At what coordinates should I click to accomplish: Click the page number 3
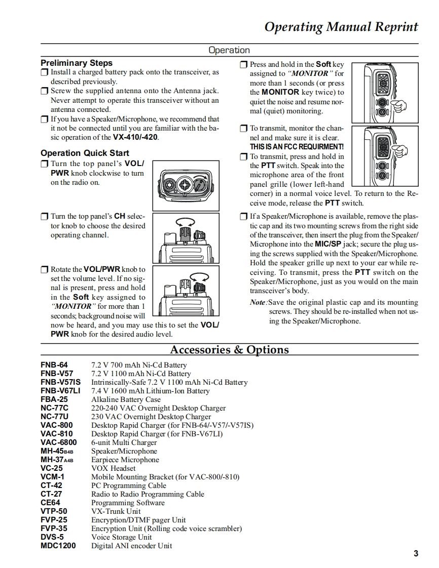pos(416,553)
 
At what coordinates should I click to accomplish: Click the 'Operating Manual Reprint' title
pos(341,27)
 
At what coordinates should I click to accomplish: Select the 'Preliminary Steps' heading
pos(77,63)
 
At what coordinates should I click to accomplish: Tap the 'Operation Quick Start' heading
pos(85,153)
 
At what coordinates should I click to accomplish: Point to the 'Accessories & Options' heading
pos(229,350)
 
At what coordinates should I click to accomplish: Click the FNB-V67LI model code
pos(60,391)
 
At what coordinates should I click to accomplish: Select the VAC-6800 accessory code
pos(59,442)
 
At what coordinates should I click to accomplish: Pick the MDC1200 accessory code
pos(58,546)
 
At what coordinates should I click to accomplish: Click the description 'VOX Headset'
pos(113,468)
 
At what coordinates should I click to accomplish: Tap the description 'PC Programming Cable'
pos(129,485)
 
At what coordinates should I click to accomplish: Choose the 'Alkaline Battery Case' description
pos(126,399)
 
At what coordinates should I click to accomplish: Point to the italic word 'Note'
pos(258,302)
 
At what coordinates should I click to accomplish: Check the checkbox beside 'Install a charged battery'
pos(44,72)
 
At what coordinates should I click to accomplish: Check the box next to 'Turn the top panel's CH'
pos(44,217)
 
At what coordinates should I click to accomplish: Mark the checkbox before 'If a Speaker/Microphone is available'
pos(243,217)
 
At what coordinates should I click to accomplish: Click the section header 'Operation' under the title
pos(229,50)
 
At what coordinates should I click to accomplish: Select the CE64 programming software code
pos(50,503)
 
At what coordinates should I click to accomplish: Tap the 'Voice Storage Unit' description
pos(121,537)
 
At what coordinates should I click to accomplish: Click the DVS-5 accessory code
pos(52,537)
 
